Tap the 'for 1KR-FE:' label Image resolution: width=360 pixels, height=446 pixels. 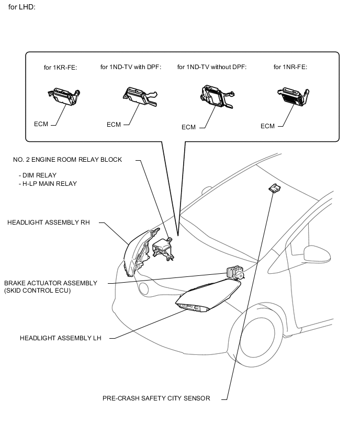[60, 68]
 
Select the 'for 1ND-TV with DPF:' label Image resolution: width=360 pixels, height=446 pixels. [131, 67]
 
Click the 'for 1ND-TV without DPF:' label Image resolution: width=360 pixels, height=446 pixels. [212, 67]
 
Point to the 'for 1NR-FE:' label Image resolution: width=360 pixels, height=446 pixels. [290, 67]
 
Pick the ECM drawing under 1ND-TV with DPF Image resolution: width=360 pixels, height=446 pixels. [136, 97]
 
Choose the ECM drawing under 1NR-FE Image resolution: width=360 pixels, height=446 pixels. [292, 97]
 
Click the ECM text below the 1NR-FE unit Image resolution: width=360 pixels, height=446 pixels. [267, 126]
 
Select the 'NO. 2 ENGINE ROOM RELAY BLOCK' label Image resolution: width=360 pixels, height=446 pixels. [67, 160]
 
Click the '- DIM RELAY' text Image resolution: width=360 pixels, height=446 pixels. [37, 175]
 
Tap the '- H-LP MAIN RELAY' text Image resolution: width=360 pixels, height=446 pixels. [47, 184]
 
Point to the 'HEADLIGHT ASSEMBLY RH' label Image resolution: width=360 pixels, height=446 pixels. [49, 222]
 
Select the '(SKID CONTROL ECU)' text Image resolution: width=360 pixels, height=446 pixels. [37, 291]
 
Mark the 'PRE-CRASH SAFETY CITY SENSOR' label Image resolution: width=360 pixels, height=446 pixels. [156, 398]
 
